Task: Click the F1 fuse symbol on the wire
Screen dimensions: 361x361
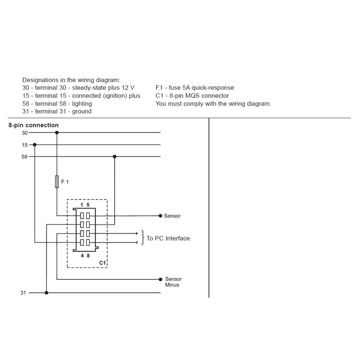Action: (56, 181)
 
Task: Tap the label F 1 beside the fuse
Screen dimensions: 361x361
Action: (65, 181)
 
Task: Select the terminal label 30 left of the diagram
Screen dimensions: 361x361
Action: (24, 133)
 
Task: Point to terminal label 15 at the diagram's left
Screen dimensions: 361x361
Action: (24, 145)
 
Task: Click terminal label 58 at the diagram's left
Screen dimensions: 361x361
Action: (24, 157)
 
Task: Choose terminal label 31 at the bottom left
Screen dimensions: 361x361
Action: (23, 292)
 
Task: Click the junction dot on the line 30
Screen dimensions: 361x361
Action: (56, 133)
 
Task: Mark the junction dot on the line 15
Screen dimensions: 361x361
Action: (35, 145)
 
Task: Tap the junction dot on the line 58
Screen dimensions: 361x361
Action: (115, 157)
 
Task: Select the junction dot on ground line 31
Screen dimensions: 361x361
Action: (46, 292)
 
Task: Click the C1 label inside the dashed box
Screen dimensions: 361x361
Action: (102, 262)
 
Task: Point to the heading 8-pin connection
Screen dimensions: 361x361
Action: (33, 125)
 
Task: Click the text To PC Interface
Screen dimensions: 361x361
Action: (168, 238)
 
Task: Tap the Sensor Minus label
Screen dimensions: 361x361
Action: (173, 282)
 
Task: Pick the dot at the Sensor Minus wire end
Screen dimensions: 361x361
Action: (161, 279)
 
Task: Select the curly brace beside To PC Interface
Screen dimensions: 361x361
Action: (143, 238)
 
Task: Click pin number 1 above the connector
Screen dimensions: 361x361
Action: (82, 205)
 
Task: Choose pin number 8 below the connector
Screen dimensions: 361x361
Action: (88, 255)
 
